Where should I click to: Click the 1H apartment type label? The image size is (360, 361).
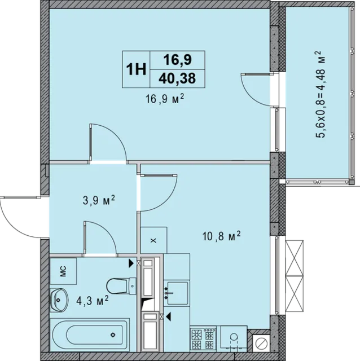click(x=136, y=69)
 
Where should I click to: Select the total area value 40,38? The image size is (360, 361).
click(x=177, y=78)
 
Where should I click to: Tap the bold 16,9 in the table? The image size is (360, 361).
click(x=177, y=60)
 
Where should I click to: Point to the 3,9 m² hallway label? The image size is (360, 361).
click(x=99, y=200)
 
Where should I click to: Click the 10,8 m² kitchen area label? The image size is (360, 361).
click(x=221, y=236)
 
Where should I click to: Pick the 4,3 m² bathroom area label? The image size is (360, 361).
click(x=92, y=300)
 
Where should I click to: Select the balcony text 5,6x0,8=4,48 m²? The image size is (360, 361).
click(x=320, y=94)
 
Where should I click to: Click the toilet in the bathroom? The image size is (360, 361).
click(x=121, y=286)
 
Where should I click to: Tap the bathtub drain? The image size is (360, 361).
click(x=113, y=334)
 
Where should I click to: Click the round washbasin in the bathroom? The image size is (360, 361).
click(x=59, y=300)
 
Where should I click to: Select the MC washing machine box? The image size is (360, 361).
click(x=63, y=271)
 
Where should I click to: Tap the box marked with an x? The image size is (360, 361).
click(x=153, y=240)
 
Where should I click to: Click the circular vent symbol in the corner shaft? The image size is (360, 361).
click(x=261, y=344)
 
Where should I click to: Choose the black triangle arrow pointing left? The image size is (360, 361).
click(x=168, y=316)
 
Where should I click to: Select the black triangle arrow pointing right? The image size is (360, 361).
click(x=131, y=263)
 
